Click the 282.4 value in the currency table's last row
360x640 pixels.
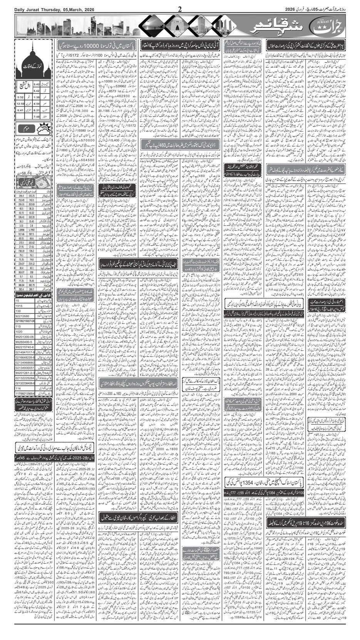(20, 288)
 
